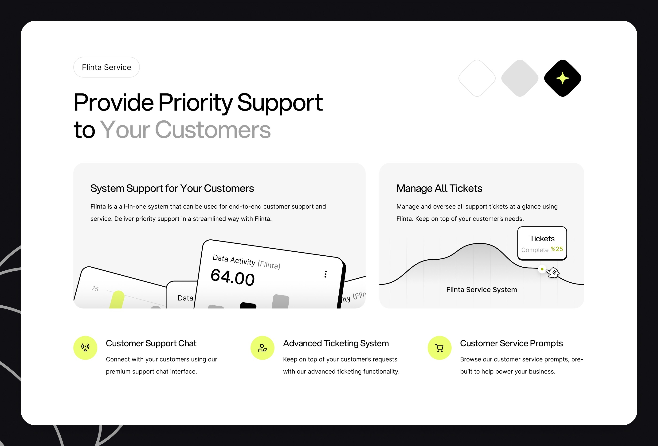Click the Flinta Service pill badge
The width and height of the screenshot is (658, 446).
(x=106, y=67)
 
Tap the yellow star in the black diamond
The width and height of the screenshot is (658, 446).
(x=562, y=78)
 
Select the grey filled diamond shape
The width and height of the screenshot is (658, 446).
(x=520, y=78)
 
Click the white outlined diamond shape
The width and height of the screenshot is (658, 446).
(x=477, y=78)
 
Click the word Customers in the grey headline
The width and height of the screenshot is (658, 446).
(x=213, y=130)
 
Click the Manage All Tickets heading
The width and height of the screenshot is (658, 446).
(x=439, y=188)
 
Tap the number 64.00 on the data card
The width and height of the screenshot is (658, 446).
(x=233, y=277)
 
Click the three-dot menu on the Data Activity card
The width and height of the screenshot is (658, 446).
(x=326, y=274)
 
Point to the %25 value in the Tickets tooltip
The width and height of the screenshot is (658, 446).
(x=557, y=249)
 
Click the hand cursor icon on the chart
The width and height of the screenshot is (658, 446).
(x=553, y=273)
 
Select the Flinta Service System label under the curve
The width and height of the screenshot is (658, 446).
(x=482, y=290)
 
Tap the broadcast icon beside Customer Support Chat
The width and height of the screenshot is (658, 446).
(x=85, y=348)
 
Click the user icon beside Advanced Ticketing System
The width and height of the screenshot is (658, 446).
(x=262, y=348)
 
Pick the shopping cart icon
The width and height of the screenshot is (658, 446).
(x=439, y=348)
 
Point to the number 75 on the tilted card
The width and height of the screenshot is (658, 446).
(x=95, y=288)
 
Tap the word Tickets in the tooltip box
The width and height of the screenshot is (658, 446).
(x=542, y=238)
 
